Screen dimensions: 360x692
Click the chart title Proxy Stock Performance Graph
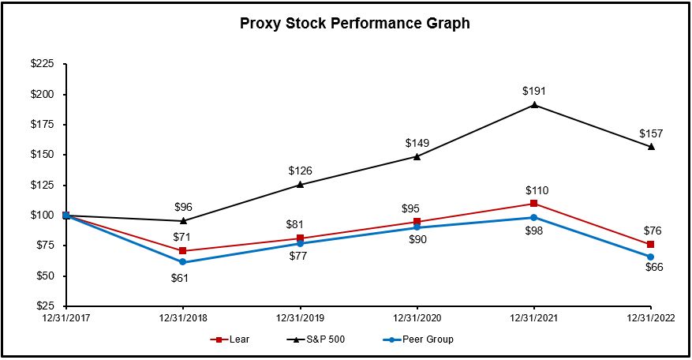click(x=354, y=24)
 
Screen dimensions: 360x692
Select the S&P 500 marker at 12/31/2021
click(x=534, y=104)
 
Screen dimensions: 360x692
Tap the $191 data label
click(x=534, y=91)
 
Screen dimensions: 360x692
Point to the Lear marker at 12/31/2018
click(x=183, y=251)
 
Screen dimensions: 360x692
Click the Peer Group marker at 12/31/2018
click(x=183, y=262)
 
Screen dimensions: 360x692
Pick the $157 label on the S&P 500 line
click(x=651, y=132)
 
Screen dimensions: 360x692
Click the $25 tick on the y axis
click(x=45, y=306)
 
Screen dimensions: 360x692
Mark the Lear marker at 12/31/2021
click(x=534, y=204)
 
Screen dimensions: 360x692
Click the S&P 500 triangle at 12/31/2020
click(x=417, y=156)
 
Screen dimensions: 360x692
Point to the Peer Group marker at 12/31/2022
click(x=651, y=257)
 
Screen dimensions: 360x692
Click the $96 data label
click(x=183, y=208)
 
